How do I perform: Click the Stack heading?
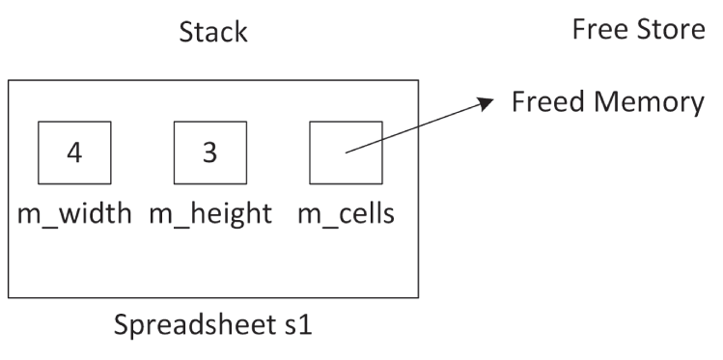tap(213, 33)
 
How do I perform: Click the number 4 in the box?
tap(73, 152)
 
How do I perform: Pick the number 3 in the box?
tap(209, 152)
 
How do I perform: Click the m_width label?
tap(73, 212)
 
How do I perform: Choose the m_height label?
tap(209, 212)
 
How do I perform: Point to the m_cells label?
tap(345, 212)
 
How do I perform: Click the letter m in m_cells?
tap(307, 213)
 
